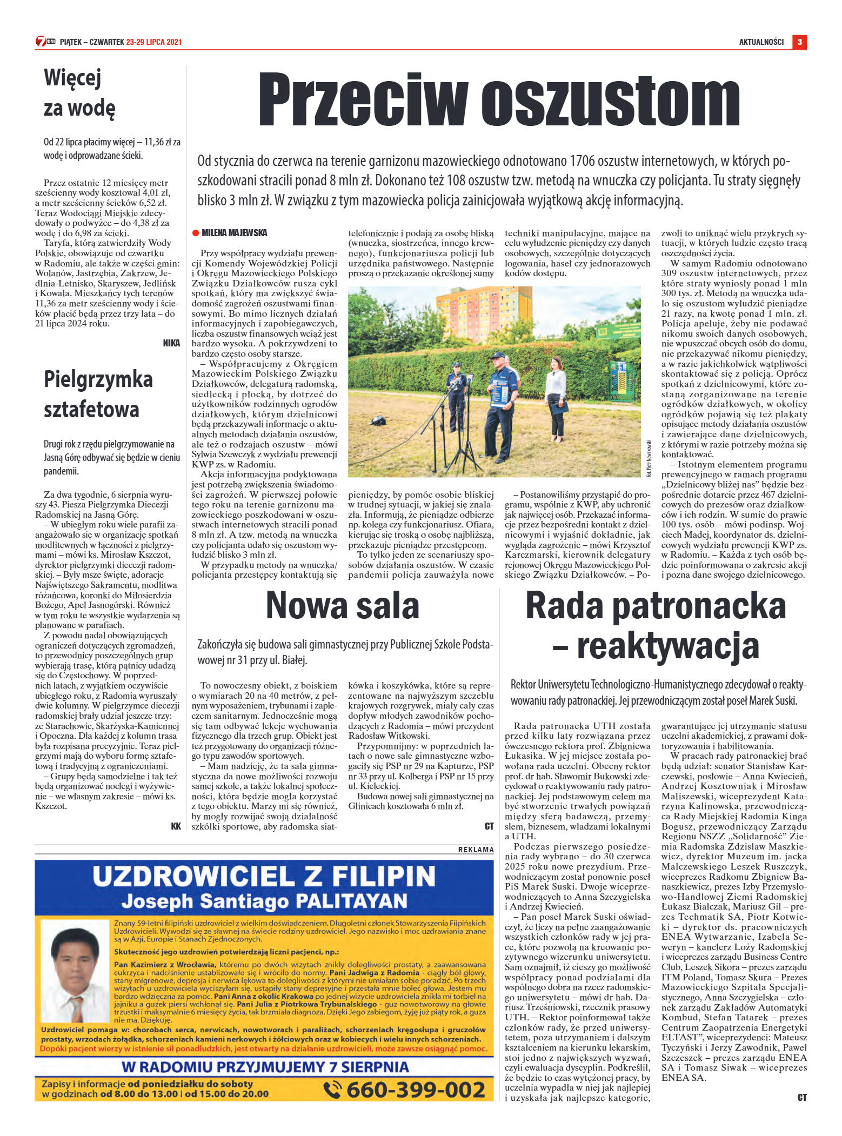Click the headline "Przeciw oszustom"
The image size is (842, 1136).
coord(498,101)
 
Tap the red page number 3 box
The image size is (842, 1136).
coord(799,42)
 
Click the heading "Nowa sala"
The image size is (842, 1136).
coord(342,605)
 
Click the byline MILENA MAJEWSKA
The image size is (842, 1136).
coord(234,233)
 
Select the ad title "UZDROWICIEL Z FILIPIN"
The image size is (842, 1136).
coord(264,875)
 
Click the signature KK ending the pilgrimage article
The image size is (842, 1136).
coord(175,825)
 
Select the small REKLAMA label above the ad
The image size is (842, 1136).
coord(476,850)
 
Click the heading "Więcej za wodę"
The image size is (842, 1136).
coord(79,93)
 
